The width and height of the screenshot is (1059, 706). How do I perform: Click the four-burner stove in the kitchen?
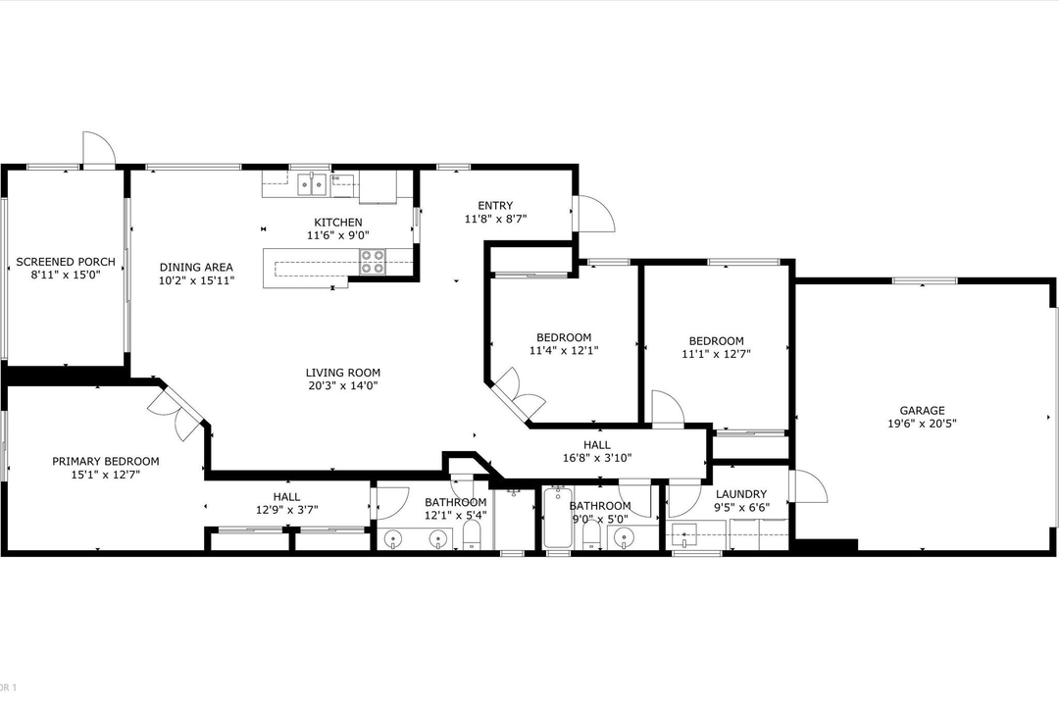(373, 262)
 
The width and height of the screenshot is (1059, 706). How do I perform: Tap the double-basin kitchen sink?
(312, 183)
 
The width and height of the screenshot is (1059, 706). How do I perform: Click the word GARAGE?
(922, 411)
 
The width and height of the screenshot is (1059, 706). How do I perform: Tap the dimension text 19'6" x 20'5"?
(922, 425)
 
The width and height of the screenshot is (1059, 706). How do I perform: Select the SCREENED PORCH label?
(66, 262)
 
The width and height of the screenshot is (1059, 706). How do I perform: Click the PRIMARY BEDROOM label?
(105, 461)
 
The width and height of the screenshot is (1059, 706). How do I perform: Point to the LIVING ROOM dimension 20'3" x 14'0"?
(342, 386)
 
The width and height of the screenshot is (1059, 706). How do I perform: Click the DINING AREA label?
(196, 267)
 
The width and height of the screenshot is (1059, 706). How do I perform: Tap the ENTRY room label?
(495, 206)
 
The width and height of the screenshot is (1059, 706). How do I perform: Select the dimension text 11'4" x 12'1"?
(563, 351)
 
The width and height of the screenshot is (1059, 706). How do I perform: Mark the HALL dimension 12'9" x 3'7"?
(286, 510)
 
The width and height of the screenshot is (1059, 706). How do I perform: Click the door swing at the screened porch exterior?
(98, 150)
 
